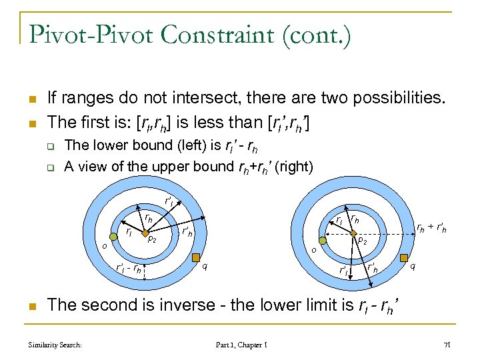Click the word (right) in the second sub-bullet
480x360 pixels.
pos(294,166)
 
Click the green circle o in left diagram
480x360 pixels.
pos(112,238)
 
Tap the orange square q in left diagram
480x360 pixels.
pos(195,257)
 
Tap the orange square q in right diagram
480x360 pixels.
pos(405,257)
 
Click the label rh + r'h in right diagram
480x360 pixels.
pos(431,228)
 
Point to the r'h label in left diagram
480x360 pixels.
pos(187,232)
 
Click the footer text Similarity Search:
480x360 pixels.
pos(55,345)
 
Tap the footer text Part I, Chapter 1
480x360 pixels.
pos(242,345)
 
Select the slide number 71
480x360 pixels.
pos(447,345)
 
